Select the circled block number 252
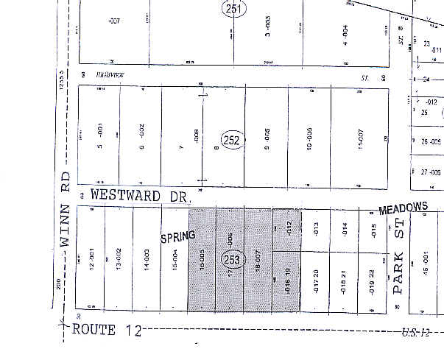pyautogui.click(x=230, y=139)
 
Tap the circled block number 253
pyautogui.click(x=230, y=259)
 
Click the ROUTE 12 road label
pyautogui.click(x=105, y=331)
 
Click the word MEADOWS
pyautogui.click(x=403, y=209)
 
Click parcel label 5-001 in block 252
pyautogui.click(x=102, y=136)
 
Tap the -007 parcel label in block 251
pyautogui.click(x=113, y=21)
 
